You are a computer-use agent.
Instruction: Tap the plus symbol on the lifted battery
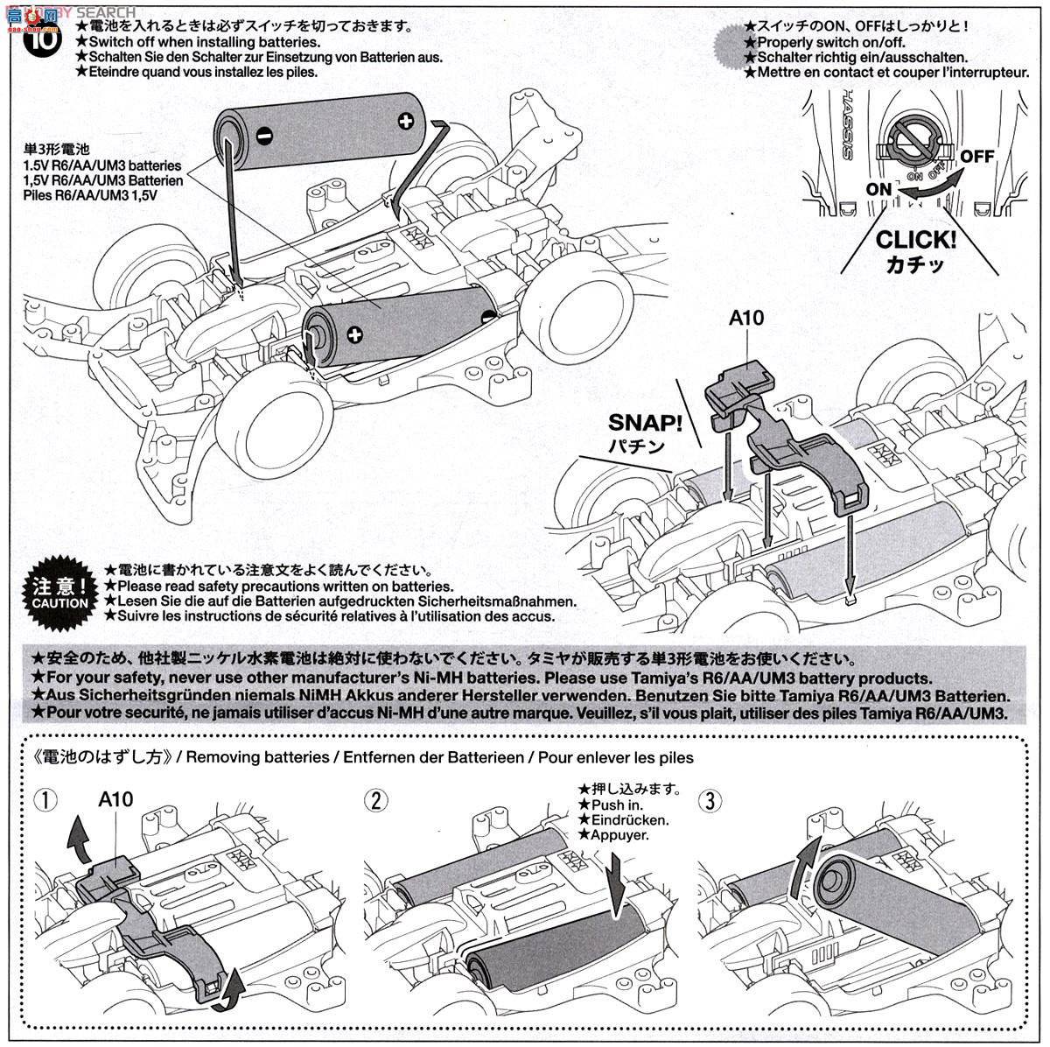coord(405,121)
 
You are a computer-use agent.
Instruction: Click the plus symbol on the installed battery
coord(353,334)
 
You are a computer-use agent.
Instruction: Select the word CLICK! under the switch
coord(915,239)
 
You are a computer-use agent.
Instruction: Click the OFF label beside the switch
coord(977,156)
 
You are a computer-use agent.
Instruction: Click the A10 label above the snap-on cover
coord(745,319)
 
